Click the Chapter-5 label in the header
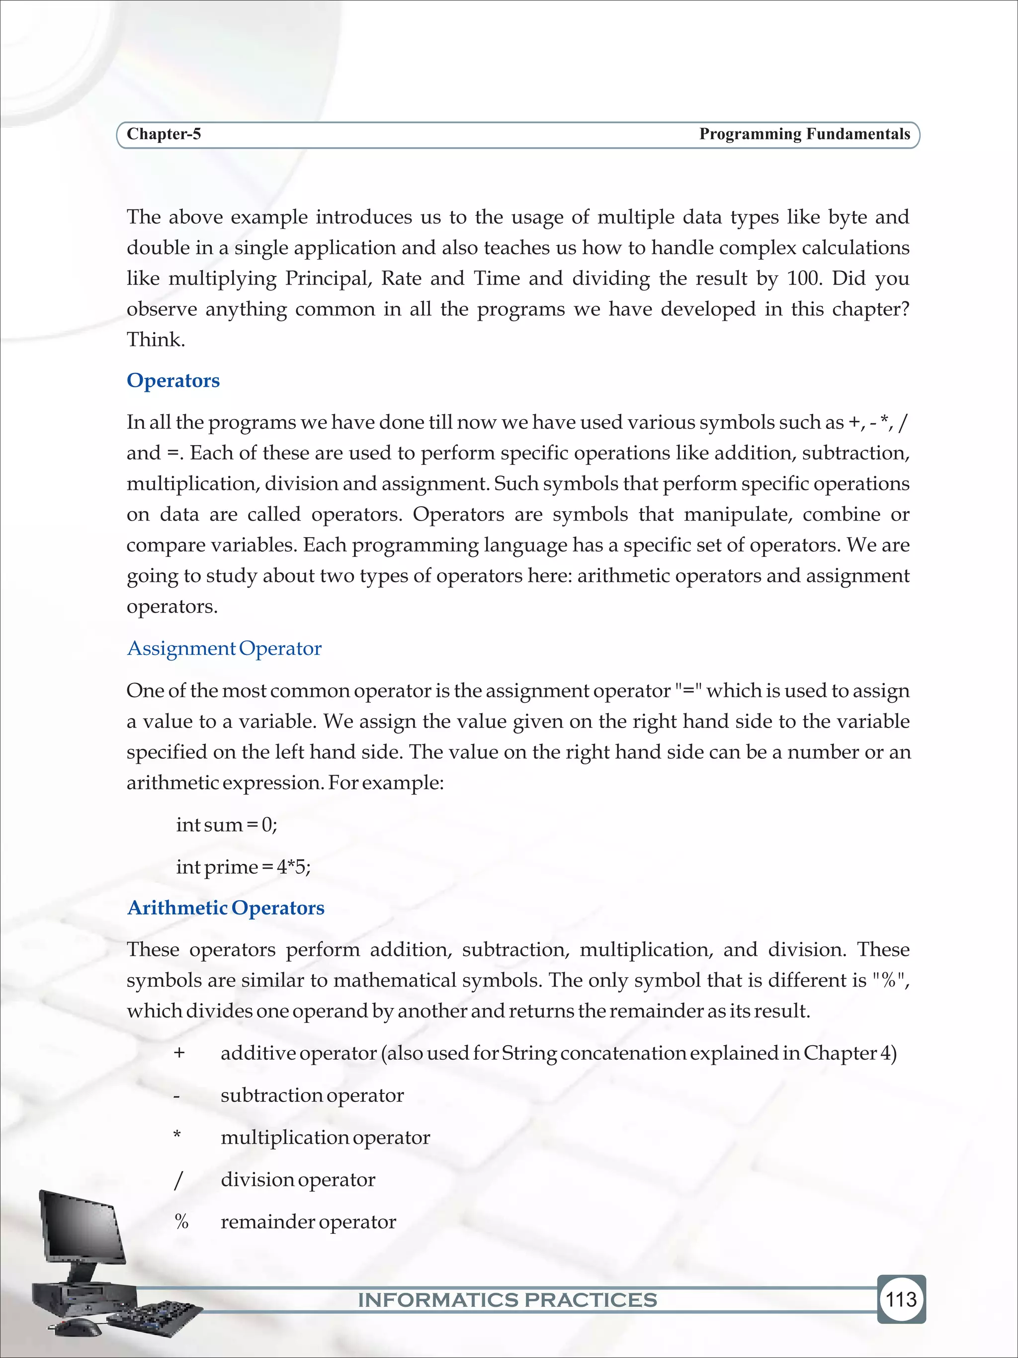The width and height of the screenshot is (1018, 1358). (163, 134)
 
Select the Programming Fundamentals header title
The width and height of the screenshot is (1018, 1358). (804, 134)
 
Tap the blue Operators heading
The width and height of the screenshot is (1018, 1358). (173, 380)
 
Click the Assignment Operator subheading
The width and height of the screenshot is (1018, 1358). (224, 648)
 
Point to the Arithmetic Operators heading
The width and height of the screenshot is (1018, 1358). (225, 907)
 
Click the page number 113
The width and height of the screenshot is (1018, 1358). (901, 1299)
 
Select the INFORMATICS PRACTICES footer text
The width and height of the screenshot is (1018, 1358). (508, 1300)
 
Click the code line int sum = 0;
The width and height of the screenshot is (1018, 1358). (227, 824)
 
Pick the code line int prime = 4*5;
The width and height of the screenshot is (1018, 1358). (243, 867)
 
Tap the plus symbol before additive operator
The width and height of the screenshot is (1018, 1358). (179, 1053)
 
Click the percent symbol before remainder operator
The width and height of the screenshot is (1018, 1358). (181, 1222)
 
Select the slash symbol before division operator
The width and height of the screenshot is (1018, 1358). (178, 1180)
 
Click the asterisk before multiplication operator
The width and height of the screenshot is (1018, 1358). (177, 1136)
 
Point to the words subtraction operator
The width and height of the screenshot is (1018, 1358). (312, 1095)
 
